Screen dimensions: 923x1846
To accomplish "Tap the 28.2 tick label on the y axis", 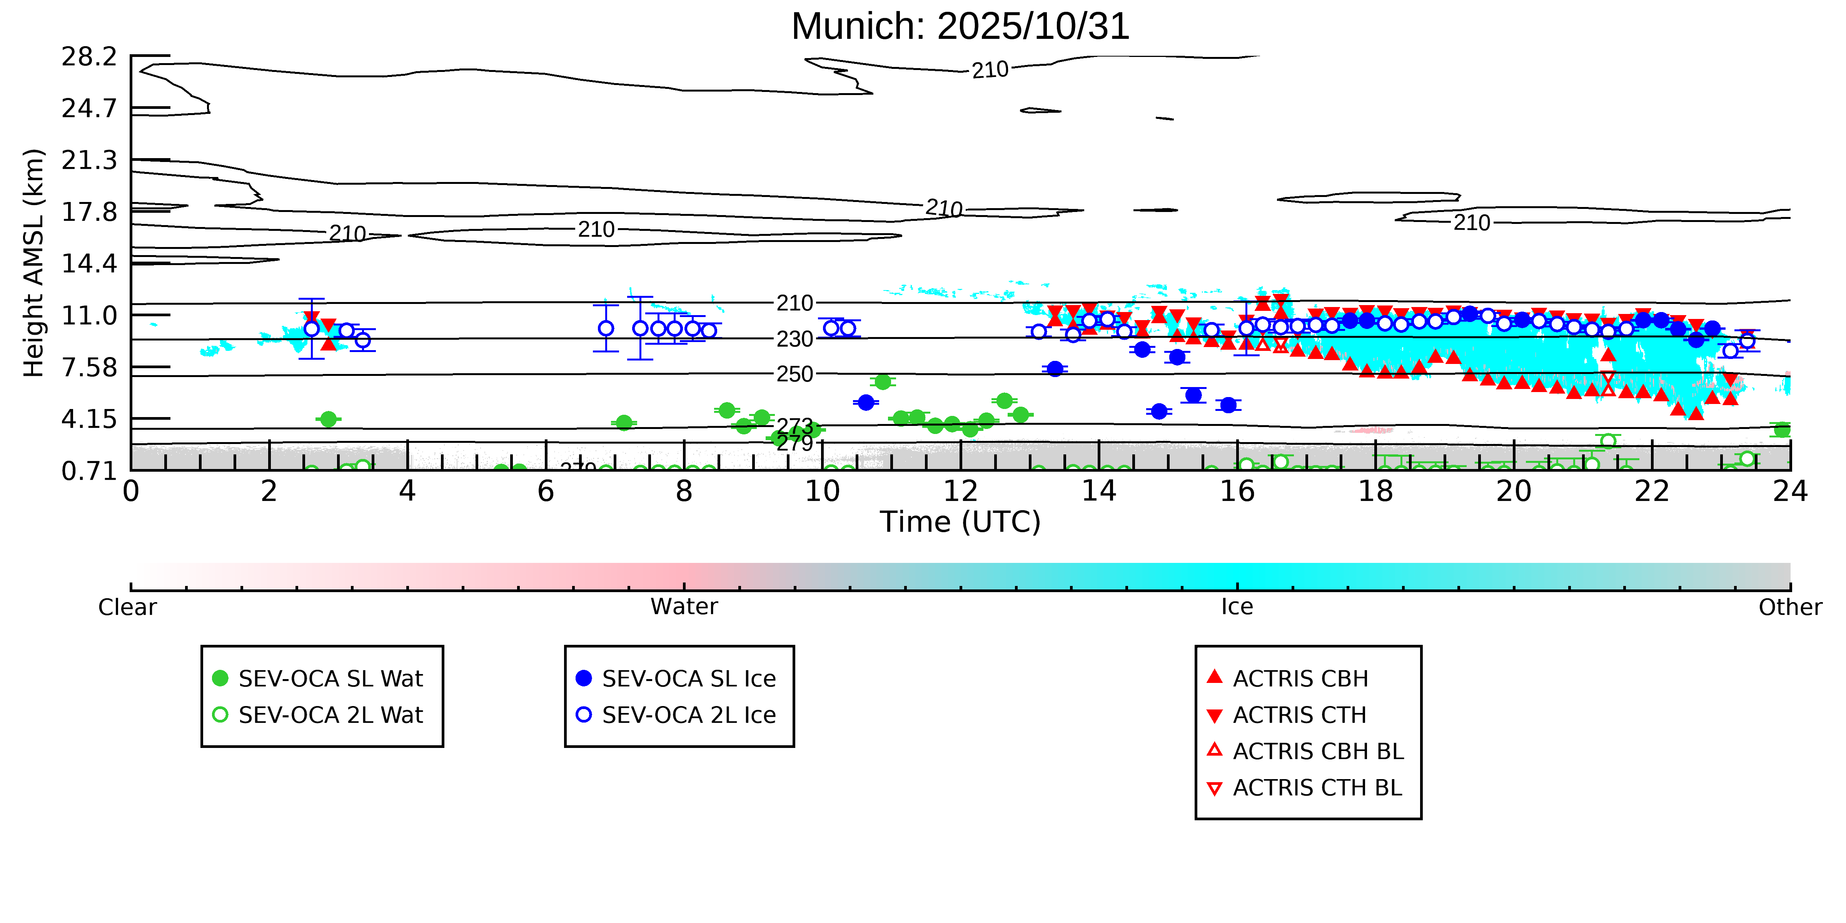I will tap(89, 57).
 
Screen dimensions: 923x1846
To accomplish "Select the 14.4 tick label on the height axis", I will tap(89, 264).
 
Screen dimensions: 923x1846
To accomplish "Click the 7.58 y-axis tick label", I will tap(89, 368).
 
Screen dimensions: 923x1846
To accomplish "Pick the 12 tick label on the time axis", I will tap(960, 492).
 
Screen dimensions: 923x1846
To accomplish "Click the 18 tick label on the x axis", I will tap(1375, 492).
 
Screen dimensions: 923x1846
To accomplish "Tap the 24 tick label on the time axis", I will tap(1790, 492).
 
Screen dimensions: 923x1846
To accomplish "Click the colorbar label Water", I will tap(684, 607).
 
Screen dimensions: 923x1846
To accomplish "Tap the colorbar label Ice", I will tap(1237, 607).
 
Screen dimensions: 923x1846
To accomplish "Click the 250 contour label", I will tap(795, 374).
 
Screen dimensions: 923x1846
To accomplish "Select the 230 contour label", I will tap(795, 339).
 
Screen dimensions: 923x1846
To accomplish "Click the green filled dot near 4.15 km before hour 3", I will tap(328, 419).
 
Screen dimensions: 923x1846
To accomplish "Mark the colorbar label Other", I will tap(1789, 607).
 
